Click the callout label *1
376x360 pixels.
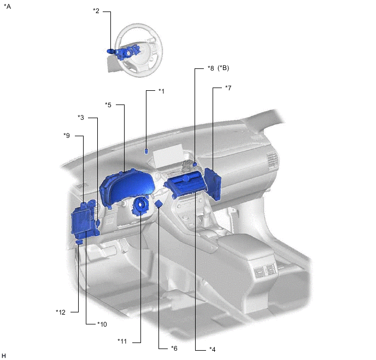click(161, 91)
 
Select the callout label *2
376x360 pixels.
click(96, 11)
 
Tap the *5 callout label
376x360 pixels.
click(108, 105)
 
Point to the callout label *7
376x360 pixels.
click(228, 88)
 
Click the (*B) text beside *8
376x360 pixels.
click(223, 68)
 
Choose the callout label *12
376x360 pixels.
click(61, 312)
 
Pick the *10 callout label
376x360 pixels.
click(102, 324)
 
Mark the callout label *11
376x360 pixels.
click(122, 341)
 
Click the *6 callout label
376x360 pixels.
click(174, 349)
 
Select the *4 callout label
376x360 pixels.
click(212, 349)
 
